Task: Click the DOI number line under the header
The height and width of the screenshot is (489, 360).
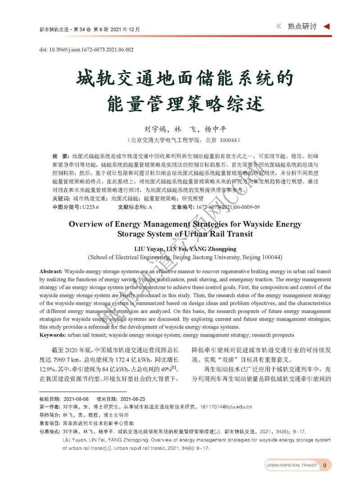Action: tap(86, 50)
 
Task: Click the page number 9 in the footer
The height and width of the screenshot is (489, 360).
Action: tap(324, 465)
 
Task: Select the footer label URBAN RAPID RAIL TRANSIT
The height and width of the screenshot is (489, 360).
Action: tap(292, 465)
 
